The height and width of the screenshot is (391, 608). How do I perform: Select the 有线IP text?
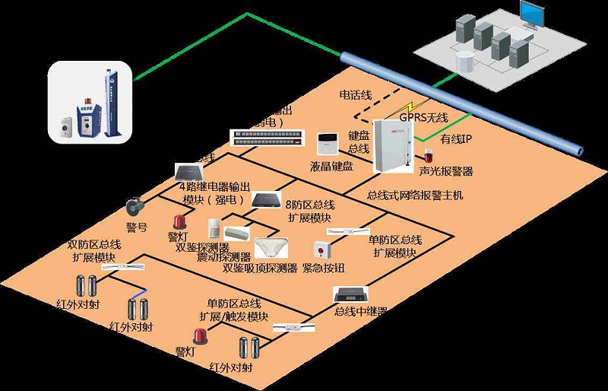pyautogui.click(x=456, y=139)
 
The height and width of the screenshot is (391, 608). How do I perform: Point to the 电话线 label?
pyautogui.click(x=355, y=95)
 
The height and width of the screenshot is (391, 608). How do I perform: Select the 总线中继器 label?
pyautogui.click(x=361, y=312)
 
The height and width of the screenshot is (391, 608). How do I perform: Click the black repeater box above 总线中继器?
pyautogui.click(x=353, y=293)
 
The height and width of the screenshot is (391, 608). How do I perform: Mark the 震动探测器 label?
pyautogui.click(x=223, y=257)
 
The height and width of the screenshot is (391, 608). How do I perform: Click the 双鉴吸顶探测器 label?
pyautogui.click(x=259, y=268)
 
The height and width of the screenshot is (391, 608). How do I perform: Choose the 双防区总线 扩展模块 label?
pyautogui.click(x=94, y=250)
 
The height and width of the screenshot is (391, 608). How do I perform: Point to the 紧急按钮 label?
pyautogui.click(x=323, y=268)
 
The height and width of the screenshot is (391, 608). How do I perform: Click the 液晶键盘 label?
pyautogui.click(x=331, y=165)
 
